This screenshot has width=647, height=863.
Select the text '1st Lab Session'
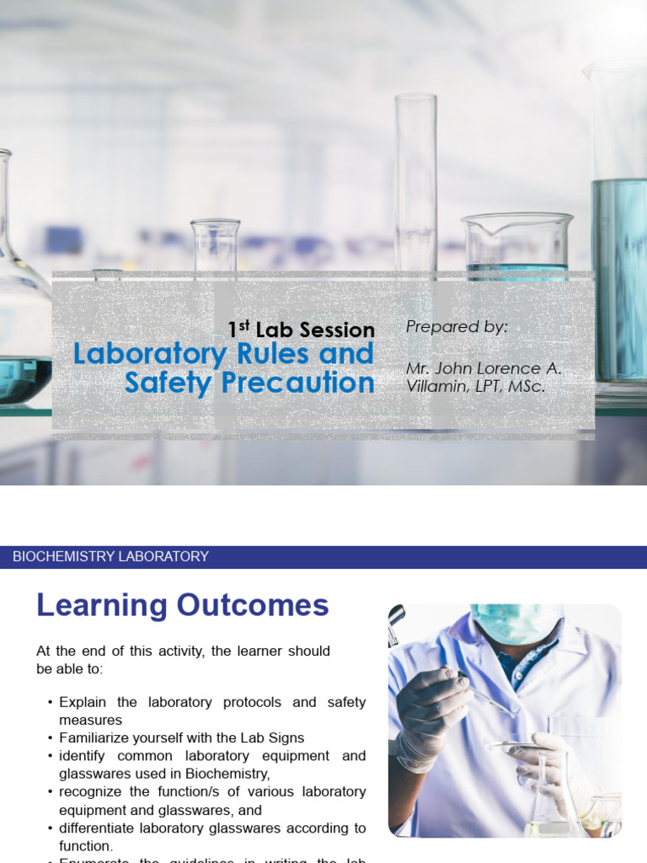pos(301,330)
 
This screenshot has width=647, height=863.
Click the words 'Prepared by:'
pos(457,327)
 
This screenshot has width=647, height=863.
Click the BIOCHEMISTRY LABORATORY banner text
pos(110,556)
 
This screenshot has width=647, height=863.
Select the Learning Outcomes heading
pos(182,605)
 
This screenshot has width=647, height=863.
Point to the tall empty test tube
pos(415,181)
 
